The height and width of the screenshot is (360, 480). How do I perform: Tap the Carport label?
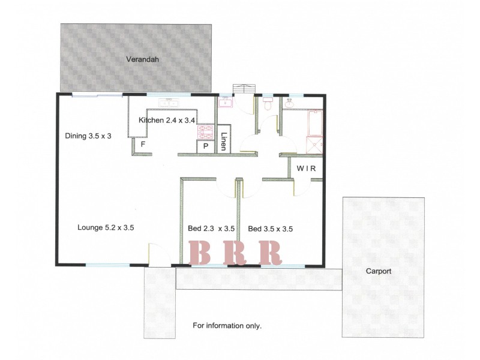pyautogui.click(x=379, y=271)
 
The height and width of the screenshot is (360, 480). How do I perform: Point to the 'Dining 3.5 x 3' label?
pyautogui.click(x=88, y=136)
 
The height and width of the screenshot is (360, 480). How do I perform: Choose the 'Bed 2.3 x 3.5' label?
pyautogui.click(x=211, y=228)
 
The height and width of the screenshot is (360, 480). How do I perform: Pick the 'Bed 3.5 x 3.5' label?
pyautogui.click(x=270, y=228)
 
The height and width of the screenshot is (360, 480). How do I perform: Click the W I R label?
pyautogui.click(x=307, y=169)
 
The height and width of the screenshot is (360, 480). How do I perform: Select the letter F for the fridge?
pyautogui.click(x=142, y=145)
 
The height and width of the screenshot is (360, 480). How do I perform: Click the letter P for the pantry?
pyautogui.click(x=205, y=146)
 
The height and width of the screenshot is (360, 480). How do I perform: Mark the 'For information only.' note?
pyautogui.click(x=227, y=326)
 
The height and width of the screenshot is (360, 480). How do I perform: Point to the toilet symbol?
pyautogui.click(x=269, y=105)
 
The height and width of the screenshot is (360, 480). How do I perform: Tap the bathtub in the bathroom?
pyautogui.click(x=316, y=123)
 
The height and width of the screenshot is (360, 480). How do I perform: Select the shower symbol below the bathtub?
pyautogui.click(x=315, y=145)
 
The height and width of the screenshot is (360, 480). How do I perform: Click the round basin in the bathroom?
pyautogui.click(x=290, y=104)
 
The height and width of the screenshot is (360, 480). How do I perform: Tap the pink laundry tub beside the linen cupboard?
pyautogui.click(x=226, y=103)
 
